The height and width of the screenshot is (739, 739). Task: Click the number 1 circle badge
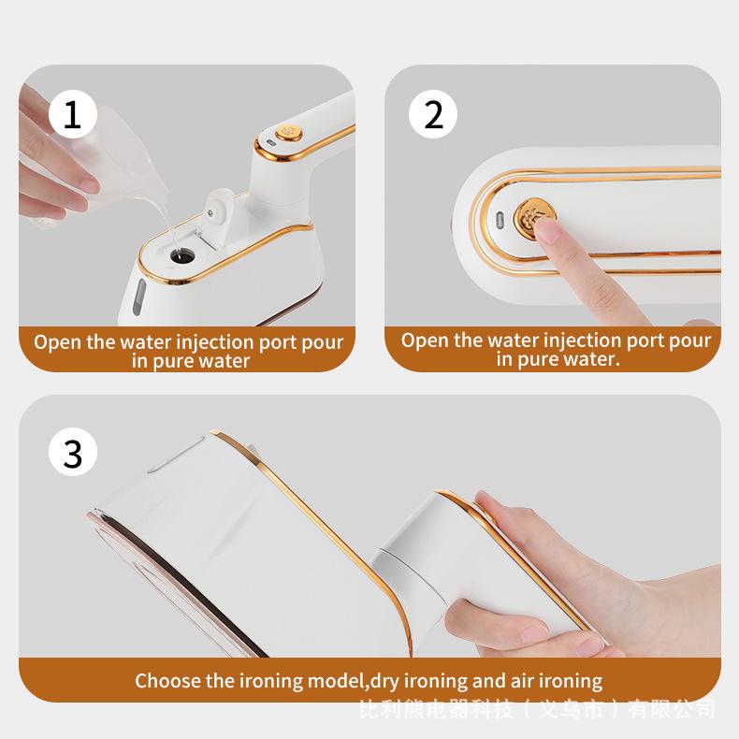73,114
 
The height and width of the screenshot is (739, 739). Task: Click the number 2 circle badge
433,114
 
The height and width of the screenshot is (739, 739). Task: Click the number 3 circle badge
73,452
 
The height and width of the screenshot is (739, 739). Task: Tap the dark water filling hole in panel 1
182,257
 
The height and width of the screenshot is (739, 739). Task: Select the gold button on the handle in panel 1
289,132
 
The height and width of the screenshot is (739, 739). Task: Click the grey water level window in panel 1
138,297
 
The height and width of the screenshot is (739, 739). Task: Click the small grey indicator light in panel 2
500,219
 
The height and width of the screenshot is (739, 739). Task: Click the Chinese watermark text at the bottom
537,709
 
